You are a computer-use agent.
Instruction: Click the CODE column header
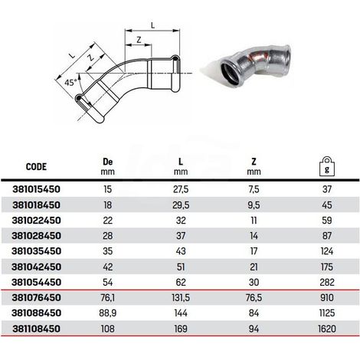click(x=36, y=167)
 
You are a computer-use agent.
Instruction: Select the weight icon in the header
click(x=327, y=166)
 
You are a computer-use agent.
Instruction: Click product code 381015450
click(x=36, y=189)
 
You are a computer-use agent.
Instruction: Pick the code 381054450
click(x=36, y=282)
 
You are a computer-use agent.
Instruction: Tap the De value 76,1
click(x=107, y=298)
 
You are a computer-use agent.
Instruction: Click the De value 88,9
click(x=107, y=313)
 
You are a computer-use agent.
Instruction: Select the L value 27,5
click(x=181, y=189)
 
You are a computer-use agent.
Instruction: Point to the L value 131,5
click(x=181, y=298)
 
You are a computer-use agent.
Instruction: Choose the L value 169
click(x=181, y=329)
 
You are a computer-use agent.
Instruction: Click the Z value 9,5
click(x=254, y=205)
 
